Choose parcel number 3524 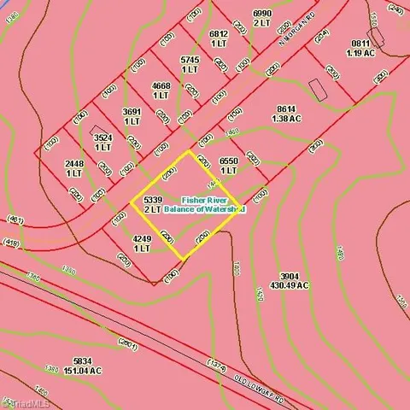pyautogui.click(x=102, y=137)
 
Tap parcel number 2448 pyautogui.click(x=74, y=162)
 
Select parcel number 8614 pyautogui.click(x=285, y=109)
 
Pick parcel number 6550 pyautogui.click(x=228, y=161)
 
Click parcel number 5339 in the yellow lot pyautogui.click(x=153, y=200)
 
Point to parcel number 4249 pyautogui.click(x=142, y=239)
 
